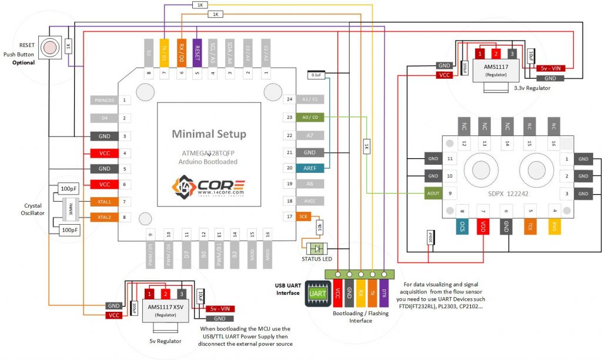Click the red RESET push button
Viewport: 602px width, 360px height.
(x=52, y=46)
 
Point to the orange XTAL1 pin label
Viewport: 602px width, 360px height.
(x=105, y=201)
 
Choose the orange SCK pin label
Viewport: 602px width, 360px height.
(x=303, y=216)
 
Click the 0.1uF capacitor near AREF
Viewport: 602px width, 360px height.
(x=316, y=75)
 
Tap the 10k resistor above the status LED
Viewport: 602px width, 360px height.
(x=319, y=226)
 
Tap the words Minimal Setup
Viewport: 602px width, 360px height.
(x=209, y=134)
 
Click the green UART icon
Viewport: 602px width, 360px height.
(x=317, y=293)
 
